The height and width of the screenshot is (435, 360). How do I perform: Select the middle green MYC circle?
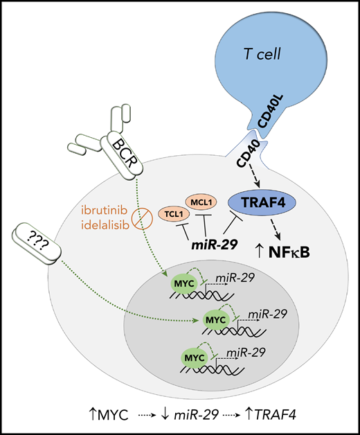coord(213,319)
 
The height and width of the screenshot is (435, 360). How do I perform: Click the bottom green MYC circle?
coord(192,357)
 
